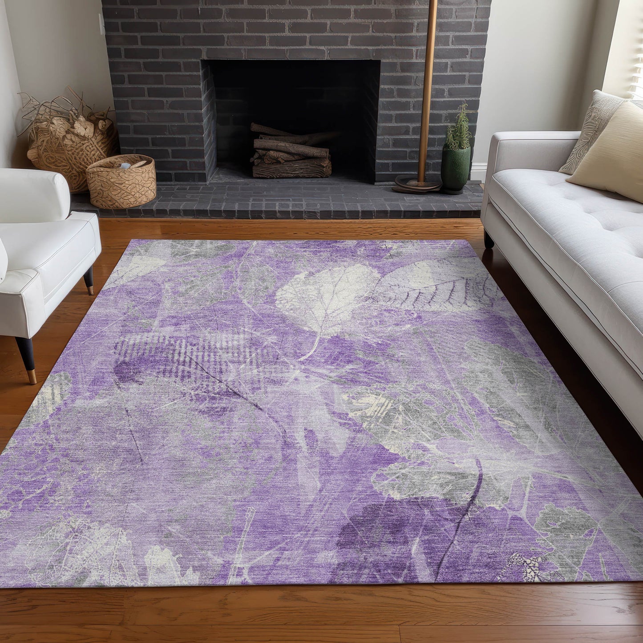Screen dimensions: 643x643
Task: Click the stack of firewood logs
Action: pyautogui.click(x=291, y=154)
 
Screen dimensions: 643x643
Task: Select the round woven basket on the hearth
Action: pyautogui.click(x=121, y=180)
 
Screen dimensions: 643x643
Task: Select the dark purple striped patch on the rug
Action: pyautogui.click(x=178, y=356)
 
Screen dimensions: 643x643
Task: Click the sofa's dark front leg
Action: pyautogui.click(x=489, y=240)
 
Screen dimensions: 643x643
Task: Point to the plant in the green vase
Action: pyautogui.click(x=458, y=127)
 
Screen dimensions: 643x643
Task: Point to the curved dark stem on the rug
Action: pyautogui.click(x=463, y=516)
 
